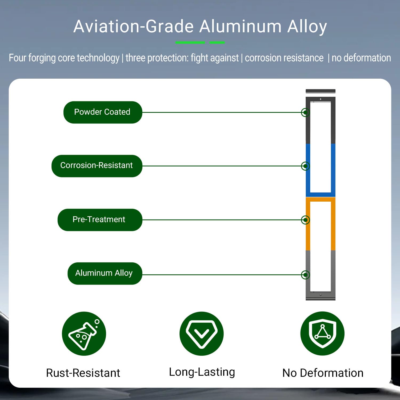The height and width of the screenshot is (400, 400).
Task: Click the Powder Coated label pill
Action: pos(103,112)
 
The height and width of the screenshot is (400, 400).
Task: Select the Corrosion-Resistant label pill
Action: pos(97,166)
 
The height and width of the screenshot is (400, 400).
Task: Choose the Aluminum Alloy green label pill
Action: pos(105,273)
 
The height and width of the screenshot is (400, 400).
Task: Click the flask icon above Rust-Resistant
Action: pos(84,334)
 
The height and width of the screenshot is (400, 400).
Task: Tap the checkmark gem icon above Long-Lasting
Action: pos(202,334)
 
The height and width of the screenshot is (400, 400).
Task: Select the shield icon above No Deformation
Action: pos(322,333)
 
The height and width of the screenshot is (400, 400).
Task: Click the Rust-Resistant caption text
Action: pos(83,373)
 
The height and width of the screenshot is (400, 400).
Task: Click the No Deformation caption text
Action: pos(323,373)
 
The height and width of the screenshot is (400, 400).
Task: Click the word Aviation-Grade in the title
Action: pos(133,27)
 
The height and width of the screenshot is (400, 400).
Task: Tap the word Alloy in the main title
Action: pos(307,27)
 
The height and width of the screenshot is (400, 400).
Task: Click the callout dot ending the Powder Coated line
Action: pos(305,112)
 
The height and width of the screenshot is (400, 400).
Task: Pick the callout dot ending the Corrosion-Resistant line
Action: pos(305,166)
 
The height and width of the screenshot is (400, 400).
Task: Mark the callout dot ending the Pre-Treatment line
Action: pos(305,220)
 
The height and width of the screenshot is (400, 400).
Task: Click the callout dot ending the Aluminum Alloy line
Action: pos(305,275)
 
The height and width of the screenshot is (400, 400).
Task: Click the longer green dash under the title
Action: pos(190,42)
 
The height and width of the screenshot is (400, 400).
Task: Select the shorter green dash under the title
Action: pos(217,42)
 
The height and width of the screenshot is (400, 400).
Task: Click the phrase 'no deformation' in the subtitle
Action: pos(361,58)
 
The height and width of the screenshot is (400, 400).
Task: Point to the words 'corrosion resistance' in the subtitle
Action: pos(284,58)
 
